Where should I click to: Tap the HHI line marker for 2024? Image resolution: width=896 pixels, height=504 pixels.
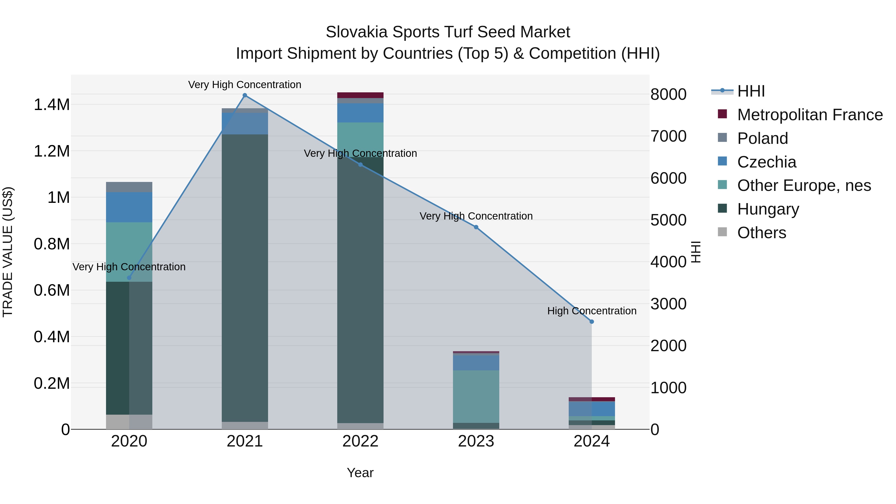[592, 322]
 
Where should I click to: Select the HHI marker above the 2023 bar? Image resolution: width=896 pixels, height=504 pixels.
[476, 227]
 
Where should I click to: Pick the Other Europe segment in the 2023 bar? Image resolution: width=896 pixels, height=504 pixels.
[476, 396]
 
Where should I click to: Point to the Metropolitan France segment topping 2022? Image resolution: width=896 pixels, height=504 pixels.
[360, 95]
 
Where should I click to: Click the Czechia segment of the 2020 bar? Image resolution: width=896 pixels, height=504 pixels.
[129, 207]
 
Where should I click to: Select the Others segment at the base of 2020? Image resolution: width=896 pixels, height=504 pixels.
[129, 422]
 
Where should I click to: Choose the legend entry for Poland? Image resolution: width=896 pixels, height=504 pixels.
[762, 138]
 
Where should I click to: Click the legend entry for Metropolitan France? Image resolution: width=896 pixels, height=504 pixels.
[810, 115]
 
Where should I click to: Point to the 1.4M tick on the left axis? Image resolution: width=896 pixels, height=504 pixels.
[52, 105]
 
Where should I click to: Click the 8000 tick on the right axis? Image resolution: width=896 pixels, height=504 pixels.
[668, 95]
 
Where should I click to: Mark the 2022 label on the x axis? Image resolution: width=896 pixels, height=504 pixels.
[360, 441]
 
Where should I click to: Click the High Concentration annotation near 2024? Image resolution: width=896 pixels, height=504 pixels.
[592, 311]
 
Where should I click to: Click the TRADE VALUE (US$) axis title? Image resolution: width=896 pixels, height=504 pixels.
[8, 252]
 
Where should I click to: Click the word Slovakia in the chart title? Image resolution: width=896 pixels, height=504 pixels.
[356, 32]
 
